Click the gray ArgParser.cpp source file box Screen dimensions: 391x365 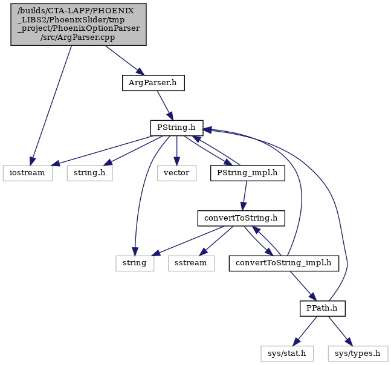[79, 24]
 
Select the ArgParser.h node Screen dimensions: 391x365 [153, 83]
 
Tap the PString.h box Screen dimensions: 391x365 [177, 128]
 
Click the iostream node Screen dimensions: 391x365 [28, 173]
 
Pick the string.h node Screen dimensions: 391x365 [90, 173]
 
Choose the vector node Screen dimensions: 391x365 [177, 173]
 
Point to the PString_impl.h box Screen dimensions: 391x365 [248, 173]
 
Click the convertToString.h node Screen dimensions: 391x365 [241, 218]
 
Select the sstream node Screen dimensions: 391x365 [191, 263]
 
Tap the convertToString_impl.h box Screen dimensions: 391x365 [284, 263]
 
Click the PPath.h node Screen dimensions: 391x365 [323, 308]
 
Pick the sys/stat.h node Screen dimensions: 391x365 [287, 354]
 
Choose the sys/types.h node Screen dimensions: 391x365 [358, 354]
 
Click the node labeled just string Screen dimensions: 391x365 [135, 263]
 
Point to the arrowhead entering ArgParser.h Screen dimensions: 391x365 [140, 71]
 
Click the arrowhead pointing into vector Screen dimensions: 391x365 [177, 162]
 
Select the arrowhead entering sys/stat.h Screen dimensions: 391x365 [296, 342]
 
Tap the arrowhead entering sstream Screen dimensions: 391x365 [202, 252]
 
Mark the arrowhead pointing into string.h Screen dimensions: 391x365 [108, 163]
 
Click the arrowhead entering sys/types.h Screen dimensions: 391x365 [349, 342]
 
